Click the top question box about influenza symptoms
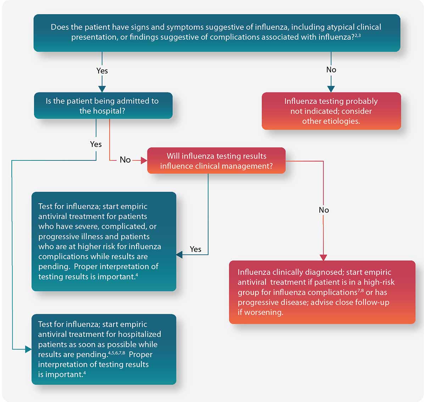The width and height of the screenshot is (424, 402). (217, 33)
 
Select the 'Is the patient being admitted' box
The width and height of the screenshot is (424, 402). (103, 106)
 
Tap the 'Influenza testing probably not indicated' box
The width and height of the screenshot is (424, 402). (331, 111)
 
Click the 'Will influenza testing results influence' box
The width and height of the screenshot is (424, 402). (216, 161)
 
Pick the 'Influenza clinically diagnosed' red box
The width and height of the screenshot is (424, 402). (322, 292)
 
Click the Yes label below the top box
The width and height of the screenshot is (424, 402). (102, 71)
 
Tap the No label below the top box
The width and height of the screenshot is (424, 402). (331, 70)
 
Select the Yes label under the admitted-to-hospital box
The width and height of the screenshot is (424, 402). (96, 144)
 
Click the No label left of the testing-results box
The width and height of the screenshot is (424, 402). (125, 160)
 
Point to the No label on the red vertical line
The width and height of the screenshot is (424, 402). (324, 210)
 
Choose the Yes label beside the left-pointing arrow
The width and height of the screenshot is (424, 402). (195, 249)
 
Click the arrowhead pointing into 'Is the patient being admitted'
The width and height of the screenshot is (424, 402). (102, 89)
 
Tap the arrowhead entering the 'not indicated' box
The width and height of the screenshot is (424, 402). (331, 89)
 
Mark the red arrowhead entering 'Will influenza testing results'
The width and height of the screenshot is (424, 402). (144, 161)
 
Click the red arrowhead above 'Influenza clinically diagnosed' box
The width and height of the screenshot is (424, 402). (323, 257)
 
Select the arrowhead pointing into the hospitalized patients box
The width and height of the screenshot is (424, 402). (28, 350)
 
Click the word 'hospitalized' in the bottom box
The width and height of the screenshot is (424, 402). (141, 334)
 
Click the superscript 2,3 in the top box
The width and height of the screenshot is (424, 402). (357, 35)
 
